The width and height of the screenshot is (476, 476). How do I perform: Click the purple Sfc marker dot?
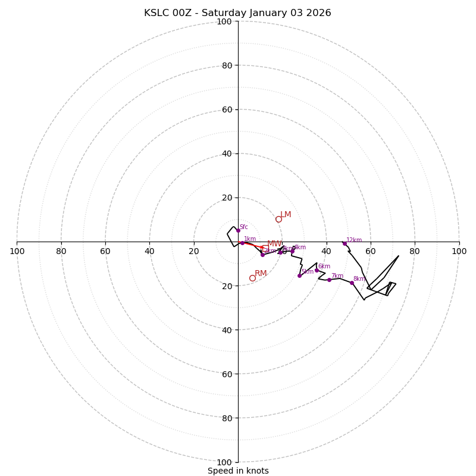(x=238, y=230)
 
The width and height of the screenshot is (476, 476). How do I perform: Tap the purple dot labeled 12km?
(x=345, y=243)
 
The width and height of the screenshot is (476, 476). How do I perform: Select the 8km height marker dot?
(x=352, y=283)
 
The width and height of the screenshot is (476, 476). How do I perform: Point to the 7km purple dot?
(x=329, y=280)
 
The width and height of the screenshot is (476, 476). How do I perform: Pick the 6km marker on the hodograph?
(x=317, y=270)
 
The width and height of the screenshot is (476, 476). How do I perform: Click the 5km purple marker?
(x=299, y=275)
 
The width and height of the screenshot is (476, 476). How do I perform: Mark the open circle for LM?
(x=278, y=219)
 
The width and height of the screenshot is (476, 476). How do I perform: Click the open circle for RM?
(x=252, y=278)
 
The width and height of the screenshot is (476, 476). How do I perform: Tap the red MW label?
(x=274, y=243)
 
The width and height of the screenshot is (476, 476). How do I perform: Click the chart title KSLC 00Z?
(x=237, y=13)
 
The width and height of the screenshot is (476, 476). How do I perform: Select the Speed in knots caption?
(x=238, y=471)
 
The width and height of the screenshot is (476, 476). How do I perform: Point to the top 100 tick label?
(x=224, y=21)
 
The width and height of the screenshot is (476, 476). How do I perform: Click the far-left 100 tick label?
(x=17, y=251)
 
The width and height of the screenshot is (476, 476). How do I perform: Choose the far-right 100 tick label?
(x=459, y=251)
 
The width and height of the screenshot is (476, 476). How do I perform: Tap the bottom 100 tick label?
(x=224, y=462)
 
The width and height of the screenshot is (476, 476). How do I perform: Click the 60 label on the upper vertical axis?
(x=226, y=109)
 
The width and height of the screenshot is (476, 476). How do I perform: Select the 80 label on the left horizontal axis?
(x=61, y=251)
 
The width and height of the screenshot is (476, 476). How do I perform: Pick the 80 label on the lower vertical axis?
(x=226, y=418)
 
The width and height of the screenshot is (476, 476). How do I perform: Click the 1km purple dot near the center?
(x=242, y=243)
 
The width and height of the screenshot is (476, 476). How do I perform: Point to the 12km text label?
(x=354, y=240)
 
